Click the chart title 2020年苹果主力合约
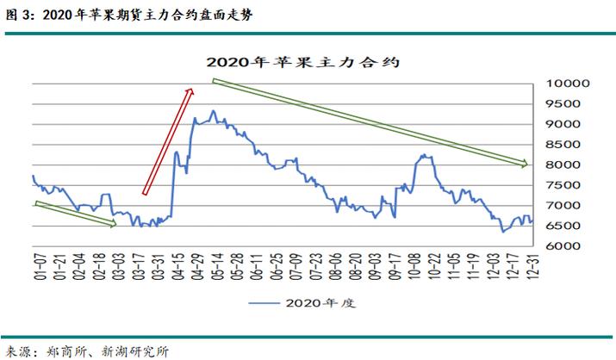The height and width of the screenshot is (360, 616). pyautogui.click(x=307, y=62)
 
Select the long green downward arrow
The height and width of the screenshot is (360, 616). pyautogui.click(x=369, y=122)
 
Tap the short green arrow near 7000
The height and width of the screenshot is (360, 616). pyautogui.click(x=75, y=214)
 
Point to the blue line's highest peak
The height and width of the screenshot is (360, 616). pyautogui.click(x=213, y=111)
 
